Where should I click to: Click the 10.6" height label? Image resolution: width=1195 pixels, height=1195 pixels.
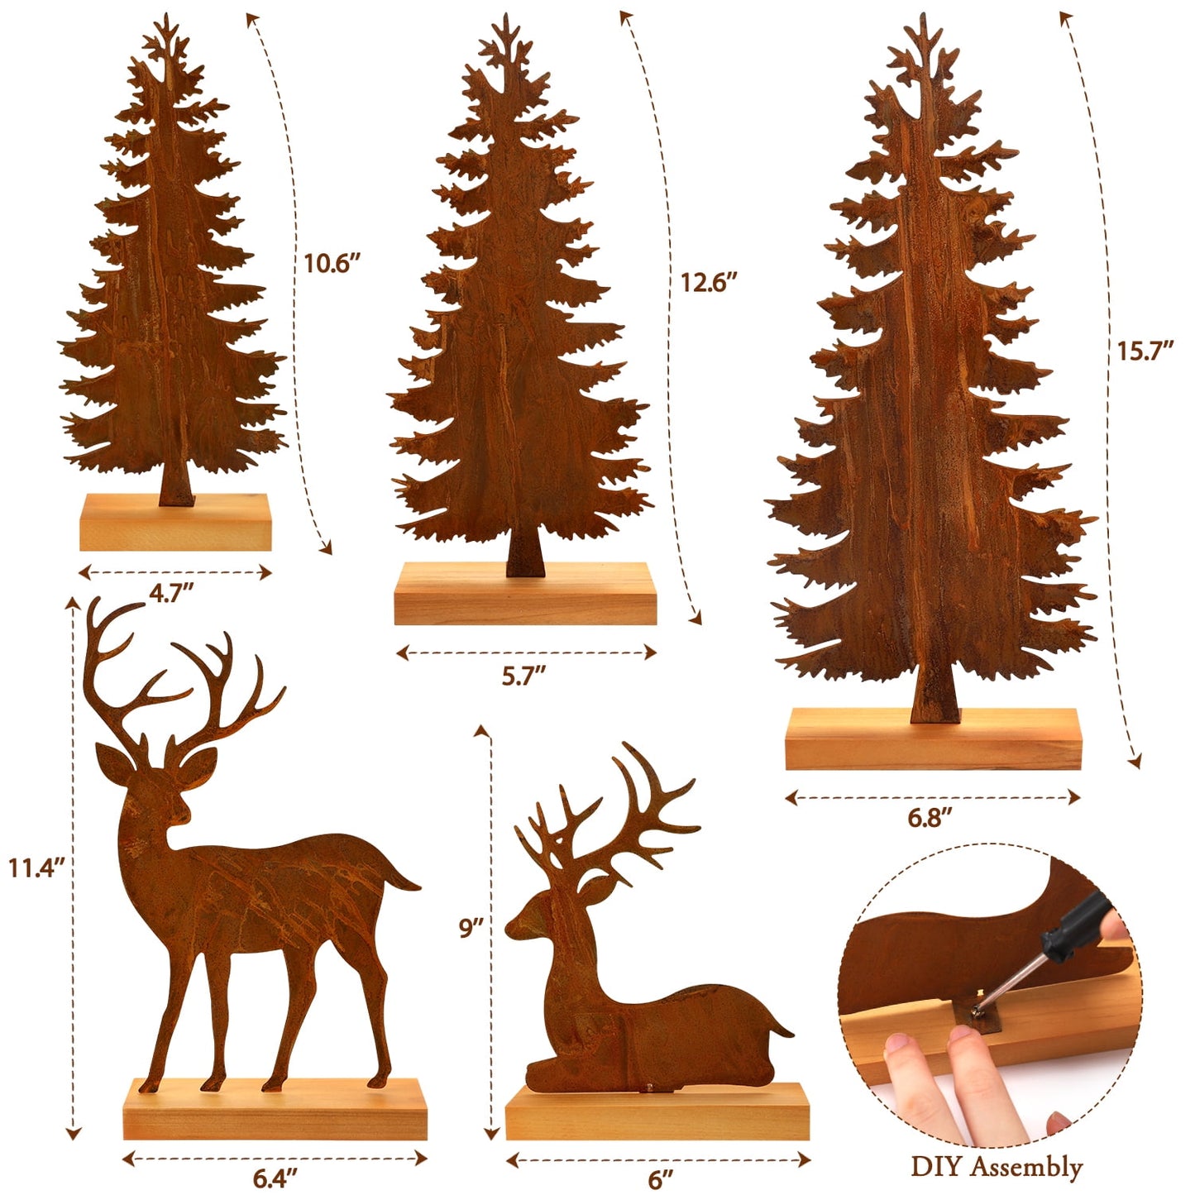point(332,264)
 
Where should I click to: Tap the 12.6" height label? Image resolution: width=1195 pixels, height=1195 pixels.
point(709,283)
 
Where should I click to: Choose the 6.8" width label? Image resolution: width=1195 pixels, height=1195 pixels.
point(930,818)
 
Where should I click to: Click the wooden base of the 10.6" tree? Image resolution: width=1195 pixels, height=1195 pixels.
point(175,522)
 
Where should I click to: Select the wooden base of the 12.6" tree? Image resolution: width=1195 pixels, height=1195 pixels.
point(525,594)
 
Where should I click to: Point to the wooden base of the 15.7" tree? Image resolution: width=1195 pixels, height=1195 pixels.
point(934,739)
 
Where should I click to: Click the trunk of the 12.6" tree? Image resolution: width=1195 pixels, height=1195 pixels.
point(525,554)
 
